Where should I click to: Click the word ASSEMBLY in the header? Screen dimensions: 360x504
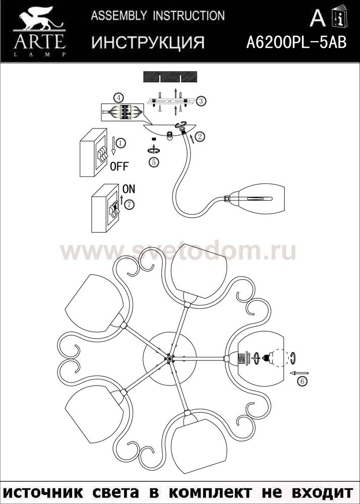tap(118, 16)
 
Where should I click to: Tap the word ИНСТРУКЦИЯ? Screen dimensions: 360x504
tap(148, 43)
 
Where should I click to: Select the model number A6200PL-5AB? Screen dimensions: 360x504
tap(296, 42)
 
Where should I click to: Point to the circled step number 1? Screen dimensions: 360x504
tap(120, 143)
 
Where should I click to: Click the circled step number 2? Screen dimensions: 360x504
tap(200, 137)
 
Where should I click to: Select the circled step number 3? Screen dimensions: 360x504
tap(201, 101)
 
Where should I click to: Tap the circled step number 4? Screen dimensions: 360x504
tap(118, 97)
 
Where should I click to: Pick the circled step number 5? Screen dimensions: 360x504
tap(154, 162)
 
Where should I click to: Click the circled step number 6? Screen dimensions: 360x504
tap(302, 382)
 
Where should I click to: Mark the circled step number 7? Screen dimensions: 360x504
tap(129, 204)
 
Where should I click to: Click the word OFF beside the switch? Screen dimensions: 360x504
tap(119, 166)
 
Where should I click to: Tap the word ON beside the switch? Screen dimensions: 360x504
tap(129, 190)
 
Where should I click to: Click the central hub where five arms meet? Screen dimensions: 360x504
tap(169, 358)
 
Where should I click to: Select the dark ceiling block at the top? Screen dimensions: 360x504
tap(170, 77)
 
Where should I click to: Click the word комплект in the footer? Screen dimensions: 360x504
tap(211, 492)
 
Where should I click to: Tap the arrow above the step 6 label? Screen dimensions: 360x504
tap(299, 373)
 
